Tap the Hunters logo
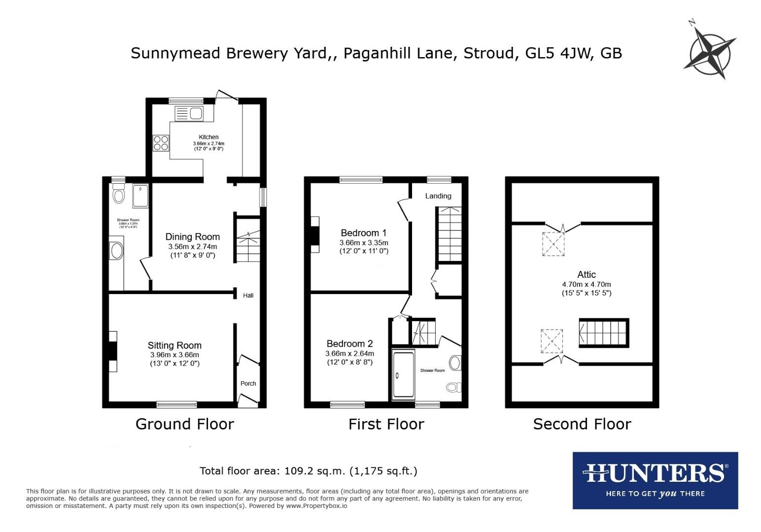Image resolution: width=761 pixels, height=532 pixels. coord(655,480)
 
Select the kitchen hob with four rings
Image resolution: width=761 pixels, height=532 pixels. coord(161,143)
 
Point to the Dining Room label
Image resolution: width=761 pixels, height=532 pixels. coord(192,237)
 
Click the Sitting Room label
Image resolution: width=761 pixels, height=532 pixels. coord(174,345)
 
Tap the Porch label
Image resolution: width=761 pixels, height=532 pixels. coord(248,383)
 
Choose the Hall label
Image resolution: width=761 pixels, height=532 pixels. coord(248,295)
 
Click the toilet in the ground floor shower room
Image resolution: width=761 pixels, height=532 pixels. coord(118,195)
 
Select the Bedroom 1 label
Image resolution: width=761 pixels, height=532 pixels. coord(363,233)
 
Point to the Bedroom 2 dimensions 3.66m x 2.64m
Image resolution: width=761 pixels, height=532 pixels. coord(349,354)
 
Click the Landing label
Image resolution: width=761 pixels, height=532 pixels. coord(438,196)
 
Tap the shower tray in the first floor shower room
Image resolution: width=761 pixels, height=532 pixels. coord(403,375)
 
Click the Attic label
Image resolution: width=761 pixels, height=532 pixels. coord(587,274)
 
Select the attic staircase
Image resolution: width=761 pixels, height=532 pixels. coord(604,333)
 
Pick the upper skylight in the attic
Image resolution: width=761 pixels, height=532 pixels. coord(553,244)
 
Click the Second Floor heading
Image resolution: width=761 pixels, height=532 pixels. coord(582,424)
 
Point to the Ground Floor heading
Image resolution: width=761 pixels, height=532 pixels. coord(184,424)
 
